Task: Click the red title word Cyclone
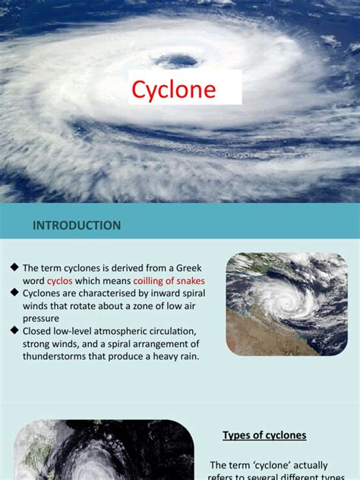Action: pyautogui.click(x=174, y=90)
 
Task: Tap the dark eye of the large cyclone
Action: pyautogui.click(x=177, y=61)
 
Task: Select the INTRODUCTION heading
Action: pyautogui.click(x=77, y=226)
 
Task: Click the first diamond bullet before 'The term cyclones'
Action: pyautogui.click(x=14, y=267)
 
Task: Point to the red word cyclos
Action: pyautogui.click(x=60, y=281)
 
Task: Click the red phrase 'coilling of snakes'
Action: pyautogui.click(x=169, y=281)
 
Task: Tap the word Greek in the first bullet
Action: pyautogui.click(x=189, y=268)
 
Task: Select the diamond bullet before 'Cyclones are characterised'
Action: pyautogui.click(x=14, y=292)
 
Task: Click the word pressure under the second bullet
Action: pyautogui.click(x=41, y=319)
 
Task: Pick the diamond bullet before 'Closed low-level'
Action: pyautogui.click(x=14, y=330)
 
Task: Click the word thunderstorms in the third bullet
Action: pyautogui.click(x=54, y=356)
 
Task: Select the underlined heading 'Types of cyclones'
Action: pyautogui.click(x=264, y=435)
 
